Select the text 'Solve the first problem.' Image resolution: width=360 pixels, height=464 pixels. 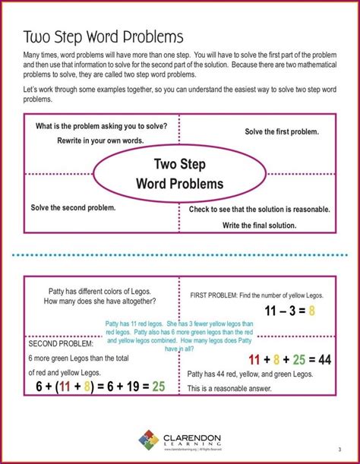tap(282, 132)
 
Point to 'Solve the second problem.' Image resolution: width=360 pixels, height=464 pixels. tap(73, 207)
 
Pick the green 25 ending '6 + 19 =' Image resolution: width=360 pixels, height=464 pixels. tap(158, 386)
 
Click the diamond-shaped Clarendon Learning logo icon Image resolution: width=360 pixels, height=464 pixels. tap(149, 440)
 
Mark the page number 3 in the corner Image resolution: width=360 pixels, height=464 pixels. tap(338, 447)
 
